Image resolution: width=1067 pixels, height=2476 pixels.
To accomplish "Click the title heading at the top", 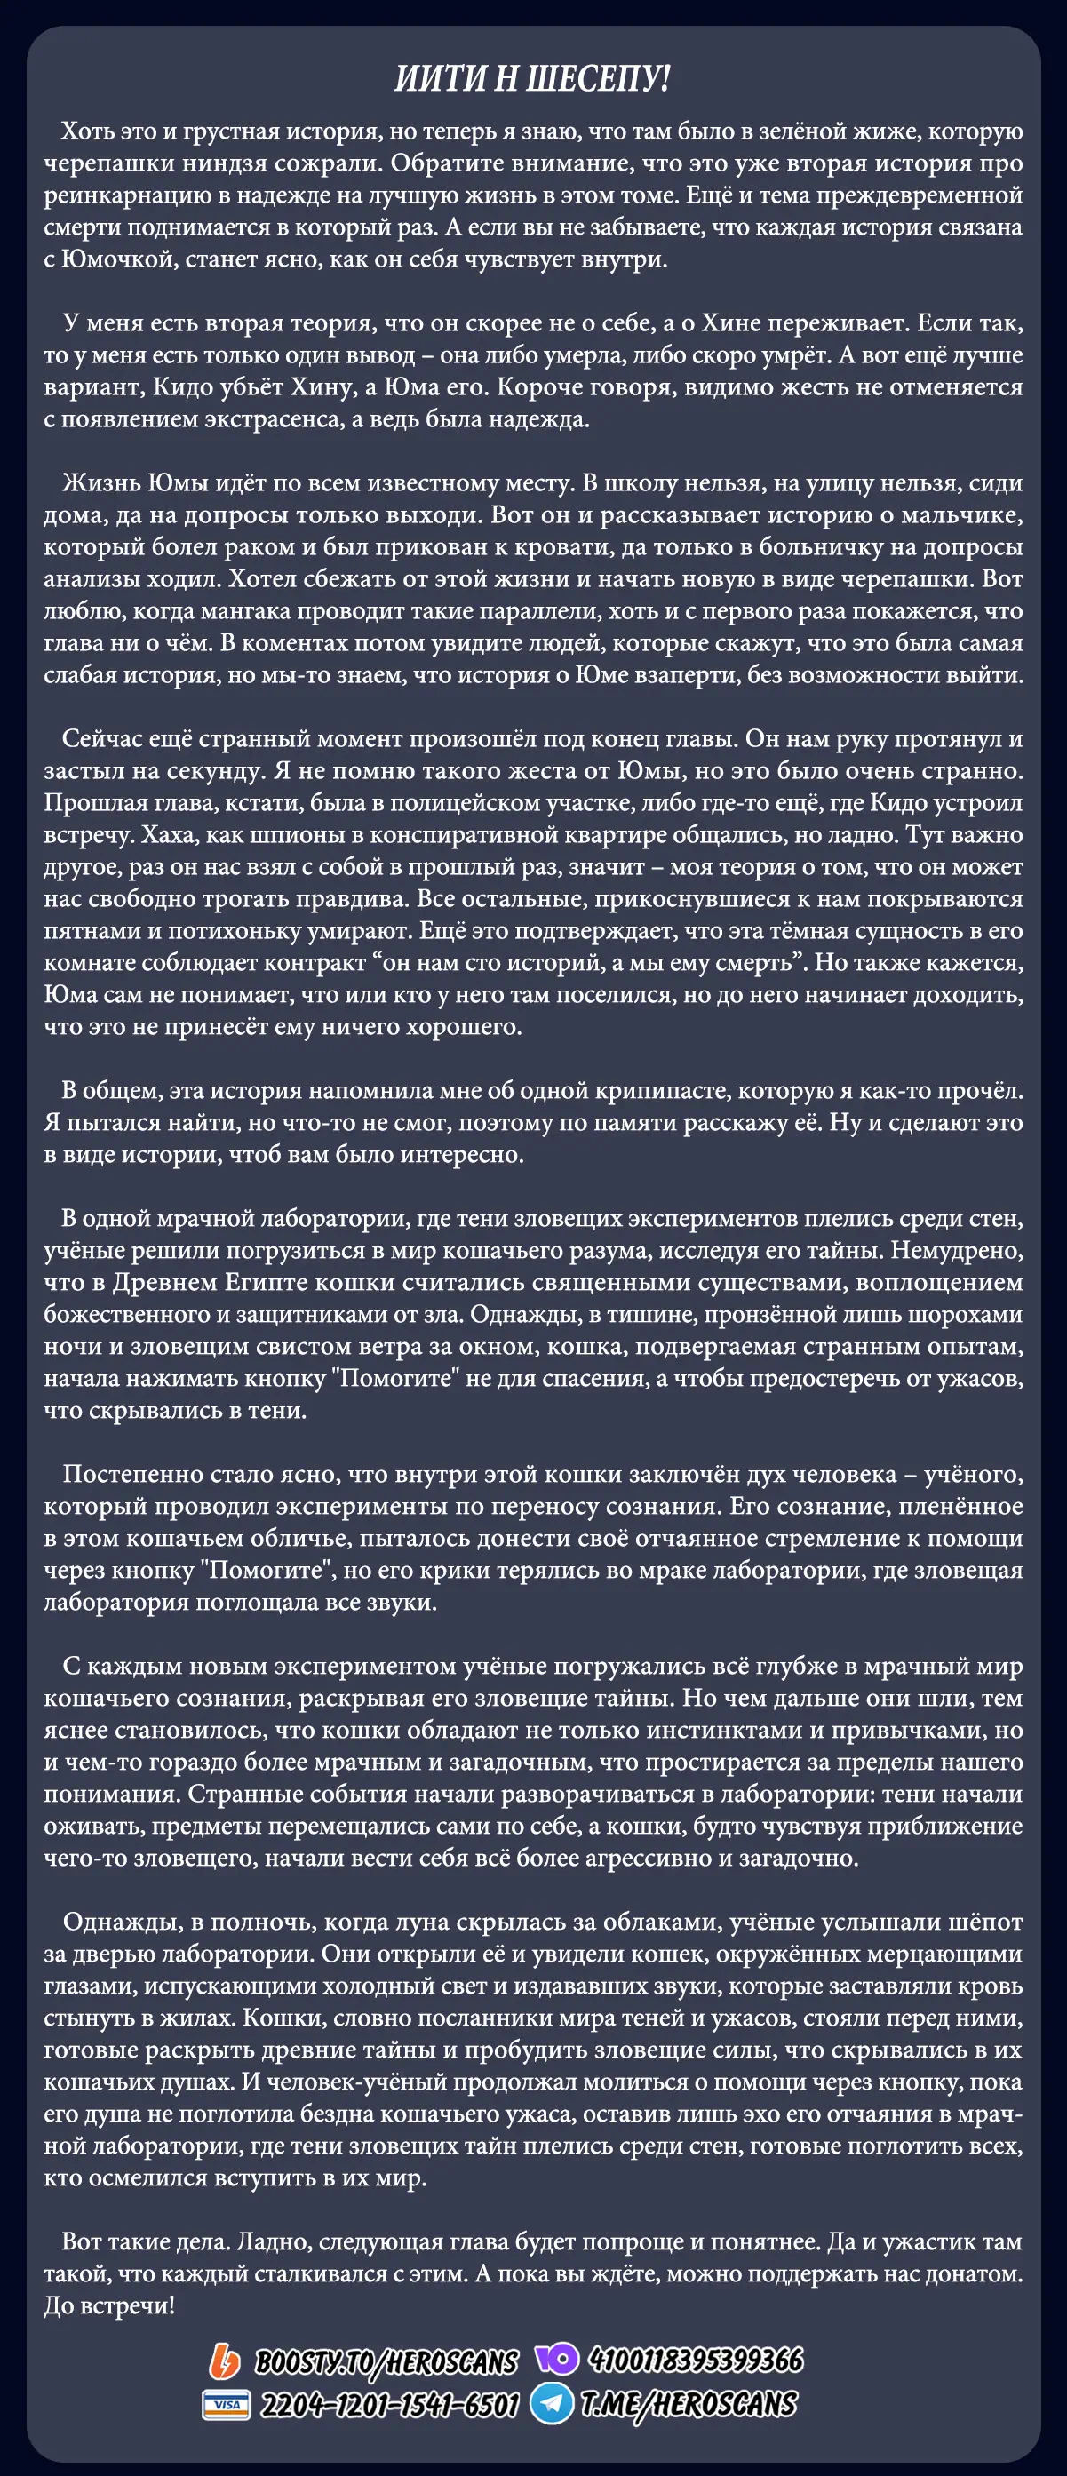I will [x=531, y=78].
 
